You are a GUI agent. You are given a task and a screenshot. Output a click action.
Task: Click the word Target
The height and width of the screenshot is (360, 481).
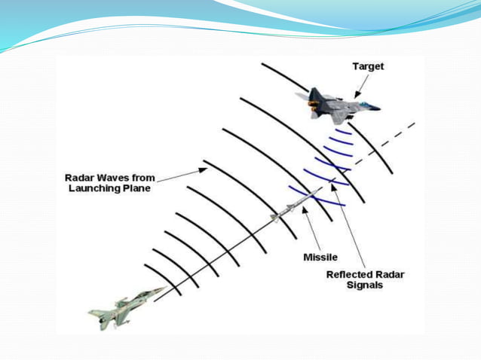point(368,66)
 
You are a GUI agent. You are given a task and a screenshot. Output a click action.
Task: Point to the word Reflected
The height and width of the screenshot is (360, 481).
point(351,274)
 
